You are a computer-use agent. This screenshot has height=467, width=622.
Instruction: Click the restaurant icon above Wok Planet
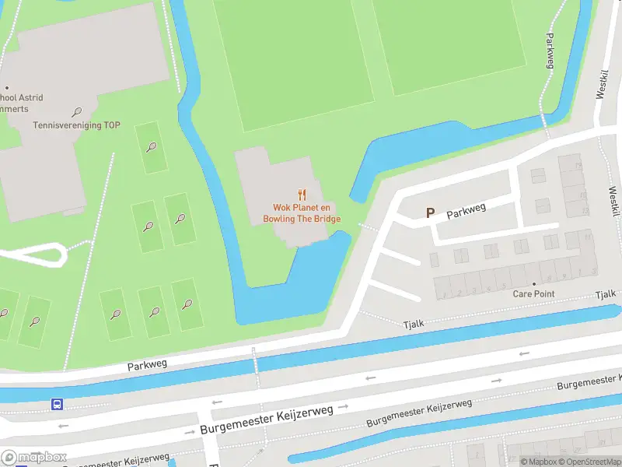tap(303, 195)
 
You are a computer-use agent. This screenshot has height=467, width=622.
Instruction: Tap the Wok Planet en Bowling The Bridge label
tap(306, 213)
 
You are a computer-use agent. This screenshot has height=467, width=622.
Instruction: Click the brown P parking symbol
tap(430, 212)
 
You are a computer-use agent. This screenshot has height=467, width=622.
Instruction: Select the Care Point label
tap(534, 294)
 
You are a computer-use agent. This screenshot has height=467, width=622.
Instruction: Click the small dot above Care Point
tap(534, 284)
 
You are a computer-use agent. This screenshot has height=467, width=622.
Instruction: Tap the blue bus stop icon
tap(57, 404)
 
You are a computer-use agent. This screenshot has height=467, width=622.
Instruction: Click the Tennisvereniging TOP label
tap(76, 125)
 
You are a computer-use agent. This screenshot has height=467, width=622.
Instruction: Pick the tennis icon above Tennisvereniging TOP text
tap(76, 112)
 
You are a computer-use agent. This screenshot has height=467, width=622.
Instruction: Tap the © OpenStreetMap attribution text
tap(589, 462)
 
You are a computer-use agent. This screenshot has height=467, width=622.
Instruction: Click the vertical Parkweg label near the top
tap(550, 51)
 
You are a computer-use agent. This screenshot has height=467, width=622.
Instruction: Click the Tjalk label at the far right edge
tap(606, 294)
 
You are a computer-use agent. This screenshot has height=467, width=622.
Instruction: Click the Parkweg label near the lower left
tap(148, 363)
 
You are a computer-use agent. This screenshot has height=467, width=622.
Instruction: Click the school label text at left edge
tap(22, 98)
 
